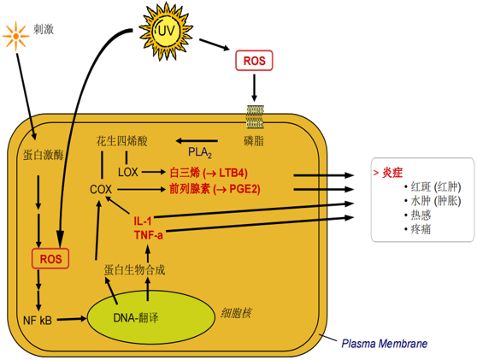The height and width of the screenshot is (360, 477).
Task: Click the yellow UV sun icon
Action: pos(166,31)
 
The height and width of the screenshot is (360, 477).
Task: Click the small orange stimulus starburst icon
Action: pos(16,36)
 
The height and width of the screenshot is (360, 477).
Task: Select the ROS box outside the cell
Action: pos(254,61)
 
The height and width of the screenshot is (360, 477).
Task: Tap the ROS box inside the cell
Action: pos(50,259)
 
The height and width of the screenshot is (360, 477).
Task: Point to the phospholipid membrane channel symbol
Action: pos(255,116)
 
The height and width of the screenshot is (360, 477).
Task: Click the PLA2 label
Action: pos(200,152)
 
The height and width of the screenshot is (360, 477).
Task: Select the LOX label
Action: pos(127,173)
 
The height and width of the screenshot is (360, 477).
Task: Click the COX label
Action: pos(101,190)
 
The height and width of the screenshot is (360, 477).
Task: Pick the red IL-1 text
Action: pos(143,221)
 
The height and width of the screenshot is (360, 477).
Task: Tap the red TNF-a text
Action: pos(149,235)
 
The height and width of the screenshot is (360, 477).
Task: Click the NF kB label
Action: pos(38,320)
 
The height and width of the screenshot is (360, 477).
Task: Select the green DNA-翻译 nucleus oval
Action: pos(151,317)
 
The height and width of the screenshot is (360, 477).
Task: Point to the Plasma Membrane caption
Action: pos(384,344)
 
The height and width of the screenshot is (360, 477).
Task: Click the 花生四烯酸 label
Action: pos(121,141)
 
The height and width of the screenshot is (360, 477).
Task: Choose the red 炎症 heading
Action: pos(392,173)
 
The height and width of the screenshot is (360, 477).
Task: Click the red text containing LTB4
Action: pos(209,173)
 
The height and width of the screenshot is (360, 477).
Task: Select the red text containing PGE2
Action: pos(215,189)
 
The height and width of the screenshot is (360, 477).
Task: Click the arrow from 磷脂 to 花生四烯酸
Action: pos(197,141)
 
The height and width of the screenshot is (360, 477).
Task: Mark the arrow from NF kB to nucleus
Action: pos(72,319)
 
